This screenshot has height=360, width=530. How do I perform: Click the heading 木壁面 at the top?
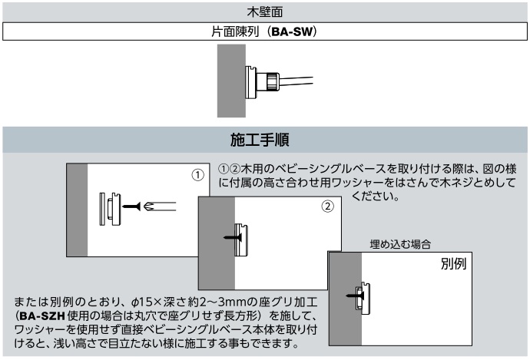click(x=264, y=10)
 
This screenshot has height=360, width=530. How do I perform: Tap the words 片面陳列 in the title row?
click(x=234, y=33)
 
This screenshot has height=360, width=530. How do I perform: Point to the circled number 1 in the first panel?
click(x=197, y=175)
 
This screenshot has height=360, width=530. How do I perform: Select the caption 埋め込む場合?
click(x=399, y=243)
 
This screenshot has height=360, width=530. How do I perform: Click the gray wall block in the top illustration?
click(x=230, y=80)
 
